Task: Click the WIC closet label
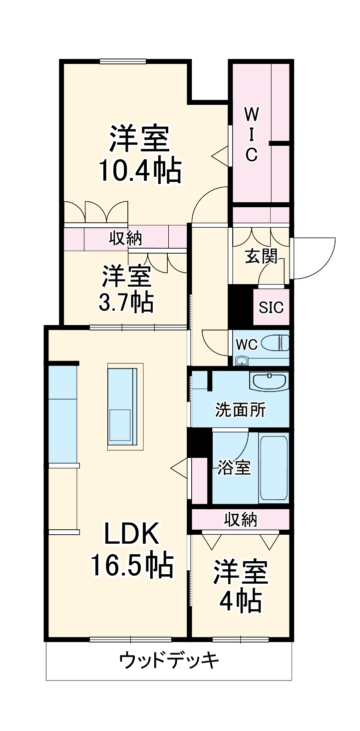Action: point(251,134)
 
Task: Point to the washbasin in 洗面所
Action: point(270,382)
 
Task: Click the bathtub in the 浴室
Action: point(274,468)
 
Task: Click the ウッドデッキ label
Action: point(169,661)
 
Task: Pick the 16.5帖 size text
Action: point(132,566)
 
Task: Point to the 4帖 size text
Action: point(241,601)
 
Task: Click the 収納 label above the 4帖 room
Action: point(240,519)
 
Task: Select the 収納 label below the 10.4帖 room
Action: point(126,238)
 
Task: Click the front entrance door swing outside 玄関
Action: point(314,258)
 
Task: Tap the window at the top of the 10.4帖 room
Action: point(123,61)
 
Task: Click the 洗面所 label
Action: point(241,410)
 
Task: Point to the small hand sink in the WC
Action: point(242,361)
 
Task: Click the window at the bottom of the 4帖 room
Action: point(240,639)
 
